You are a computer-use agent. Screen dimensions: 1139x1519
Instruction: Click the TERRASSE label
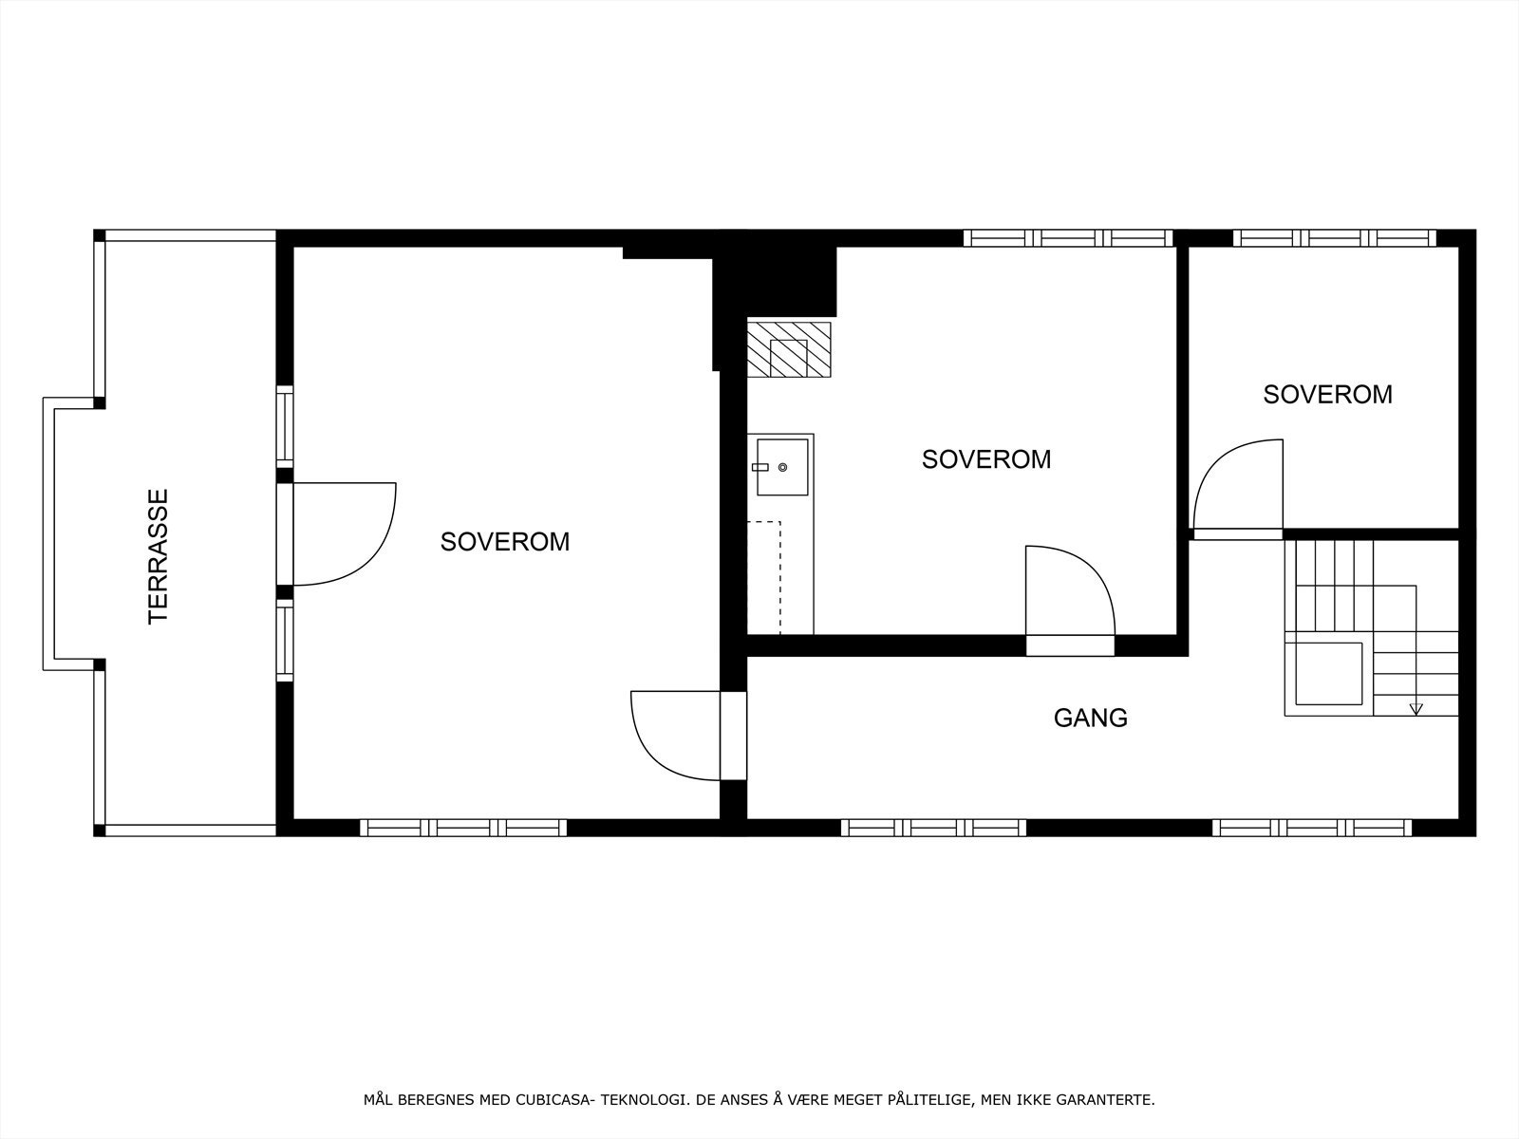point(159,556)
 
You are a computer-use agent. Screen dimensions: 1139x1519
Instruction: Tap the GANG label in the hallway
point(1091,719)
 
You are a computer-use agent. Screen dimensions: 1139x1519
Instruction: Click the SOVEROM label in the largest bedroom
point(505,542)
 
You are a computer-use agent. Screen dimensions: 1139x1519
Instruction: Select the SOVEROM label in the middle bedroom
point(986,459)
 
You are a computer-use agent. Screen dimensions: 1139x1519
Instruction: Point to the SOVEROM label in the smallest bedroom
point(1327,395)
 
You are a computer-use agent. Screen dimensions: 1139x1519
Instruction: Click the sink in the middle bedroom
point(781,467)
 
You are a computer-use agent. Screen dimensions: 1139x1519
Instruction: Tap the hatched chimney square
point(788,349)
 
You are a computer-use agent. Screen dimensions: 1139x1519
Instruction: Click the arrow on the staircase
point(1416,707)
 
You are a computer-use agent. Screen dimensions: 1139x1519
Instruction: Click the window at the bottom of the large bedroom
point(463,828)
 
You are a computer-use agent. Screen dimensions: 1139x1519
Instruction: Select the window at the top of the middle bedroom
point(1068,238)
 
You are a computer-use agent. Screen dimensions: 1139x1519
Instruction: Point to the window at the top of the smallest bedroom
point(1335,238)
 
